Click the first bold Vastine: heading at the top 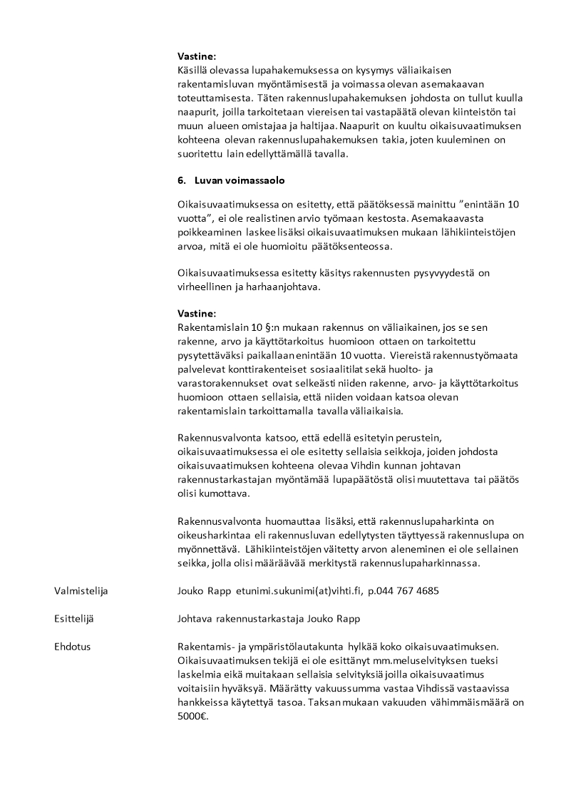(196, 56)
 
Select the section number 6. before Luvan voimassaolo (182, 180)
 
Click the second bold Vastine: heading (196, 314)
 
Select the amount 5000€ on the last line (192, 717)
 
